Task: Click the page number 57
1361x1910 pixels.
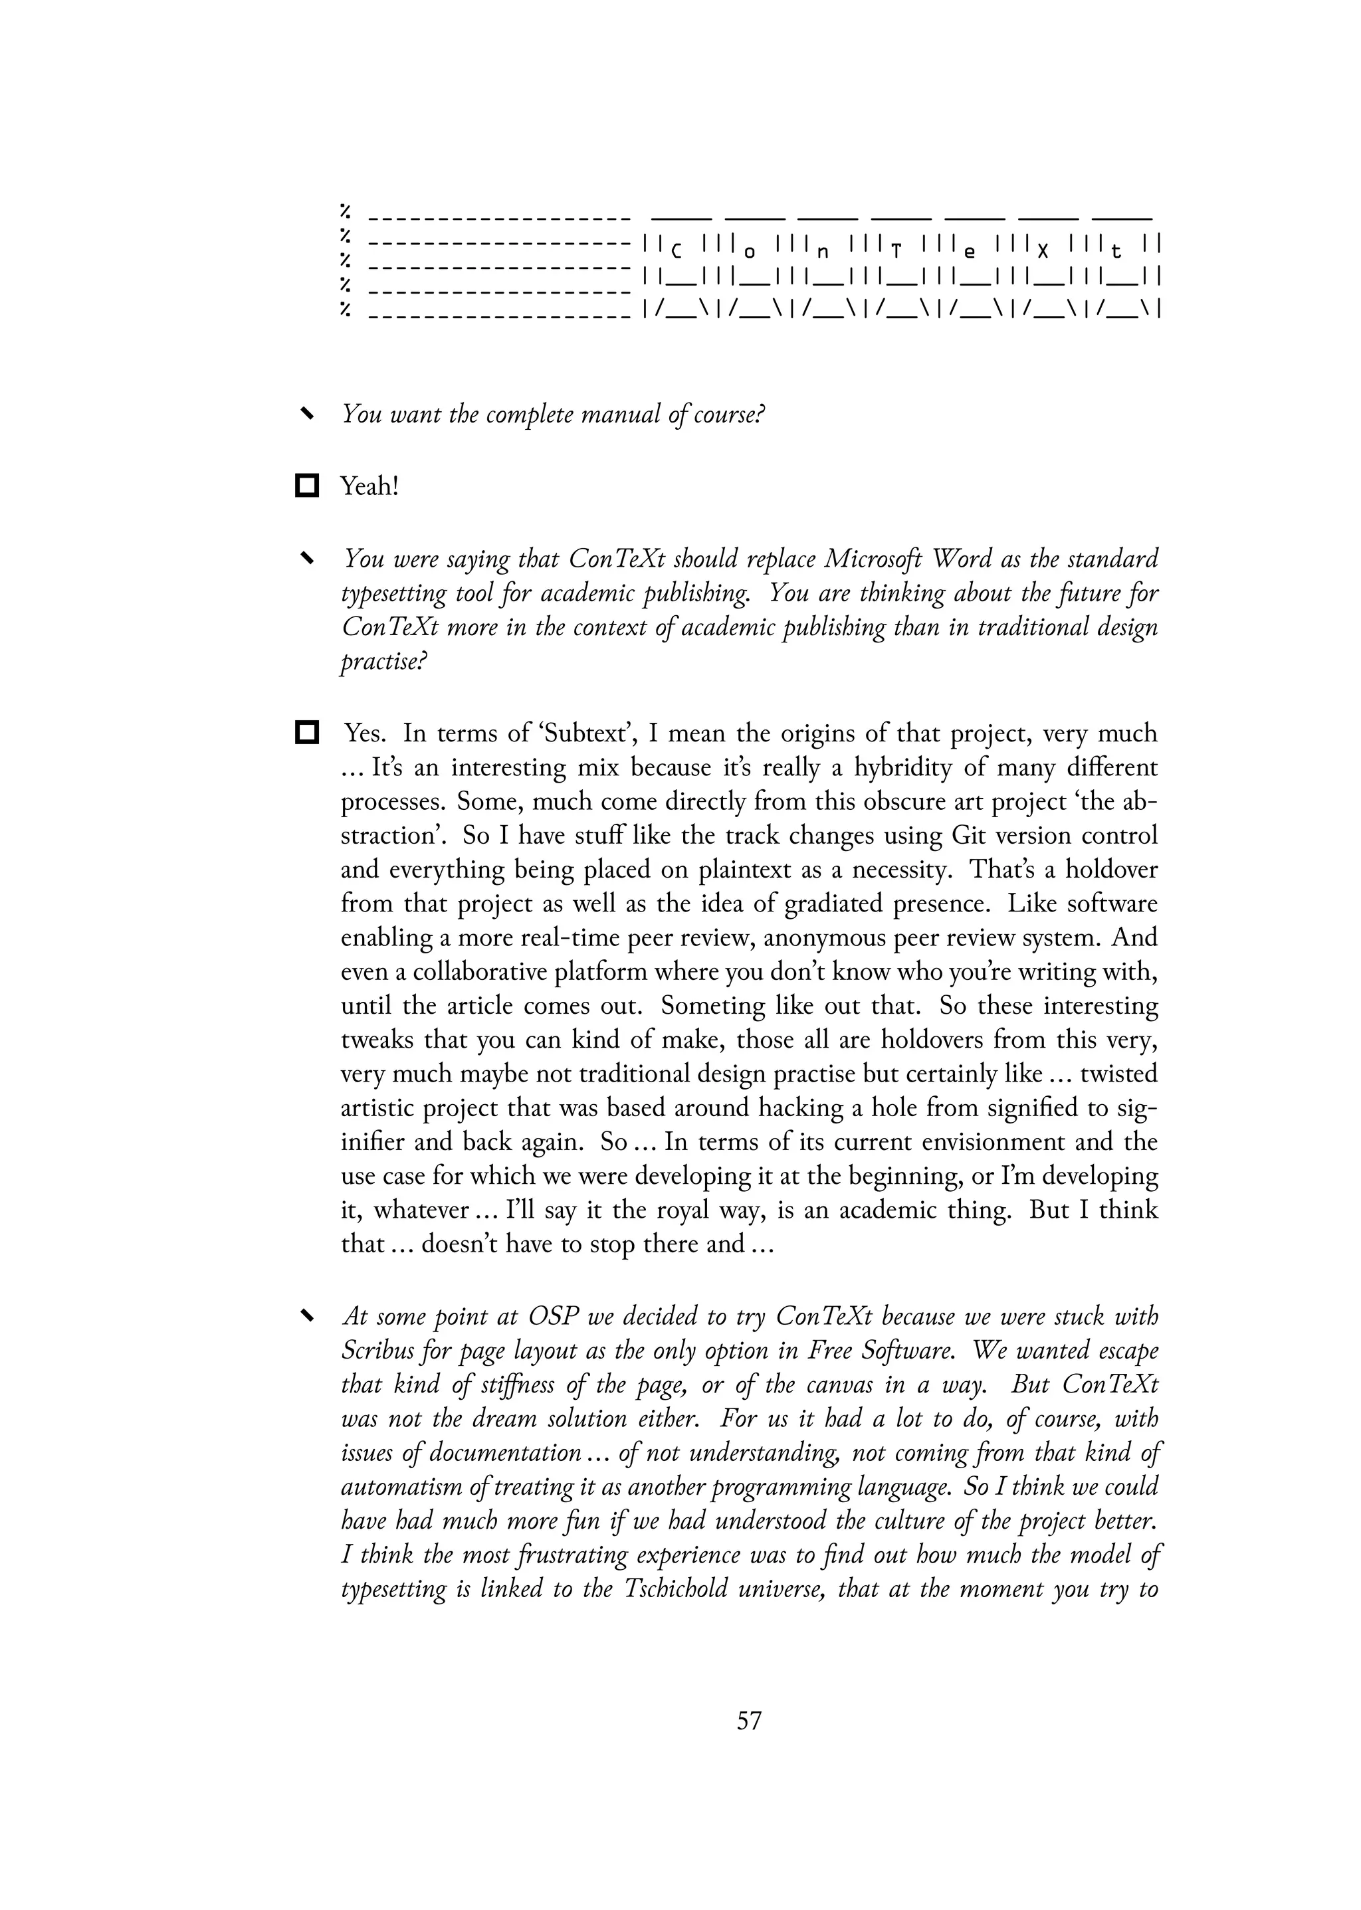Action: (749, 1721)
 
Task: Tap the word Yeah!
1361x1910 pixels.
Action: (369, 486)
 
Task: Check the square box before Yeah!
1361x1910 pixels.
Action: (308, 486)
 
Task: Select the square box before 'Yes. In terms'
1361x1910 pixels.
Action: (308, 733)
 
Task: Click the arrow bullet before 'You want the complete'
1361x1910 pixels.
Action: (308, 414)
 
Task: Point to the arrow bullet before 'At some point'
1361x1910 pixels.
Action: (308, 1317)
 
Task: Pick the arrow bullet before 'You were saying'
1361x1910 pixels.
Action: (308, 558)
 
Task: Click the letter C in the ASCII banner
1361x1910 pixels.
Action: (677, 250)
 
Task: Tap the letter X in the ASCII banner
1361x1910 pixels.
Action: (1043, 250)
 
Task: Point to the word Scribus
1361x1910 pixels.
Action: (373, 1351)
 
